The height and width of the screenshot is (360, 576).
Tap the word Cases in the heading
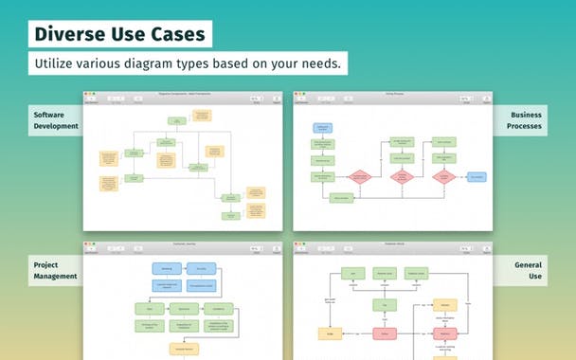point(175,34)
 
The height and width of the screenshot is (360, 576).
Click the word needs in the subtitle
point(319,63)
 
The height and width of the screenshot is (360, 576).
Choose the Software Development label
point(55,120)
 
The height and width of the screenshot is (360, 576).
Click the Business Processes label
point(526,120)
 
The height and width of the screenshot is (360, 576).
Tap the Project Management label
point(54,271)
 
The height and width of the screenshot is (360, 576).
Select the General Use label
point(528,271)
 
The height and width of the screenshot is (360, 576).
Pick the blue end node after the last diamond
point(476,177)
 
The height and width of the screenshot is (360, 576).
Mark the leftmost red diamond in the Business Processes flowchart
point(358,177)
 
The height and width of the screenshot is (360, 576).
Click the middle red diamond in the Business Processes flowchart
point(403,177)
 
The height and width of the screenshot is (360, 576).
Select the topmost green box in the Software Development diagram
point(176,121)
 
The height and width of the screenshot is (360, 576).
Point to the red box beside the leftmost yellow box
point(385,333)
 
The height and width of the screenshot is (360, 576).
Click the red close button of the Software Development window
point(87,94)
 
